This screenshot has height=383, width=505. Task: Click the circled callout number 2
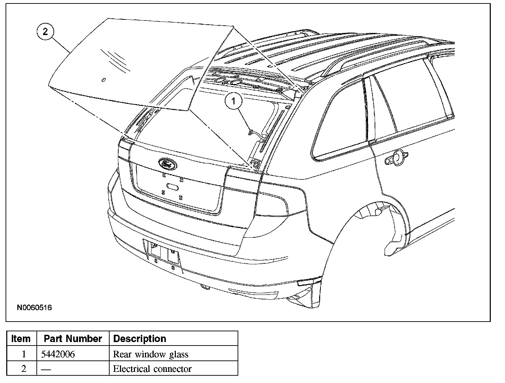point(45,32)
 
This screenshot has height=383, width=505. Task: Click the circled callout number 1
point(233,101)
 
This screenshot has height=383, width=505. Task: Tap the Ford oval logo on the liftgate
point(168,163)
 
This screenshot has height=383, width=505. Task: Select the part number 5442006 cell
point(58,354)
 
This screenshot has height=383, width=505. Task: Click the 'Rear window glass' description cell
point(151,354)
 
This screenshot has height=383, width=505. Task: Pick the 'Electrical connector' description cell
point(152,368)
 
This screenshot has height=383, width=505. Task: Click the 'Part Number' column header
point(73,339)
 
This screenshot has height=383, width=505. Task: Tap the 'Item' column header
point(21,339)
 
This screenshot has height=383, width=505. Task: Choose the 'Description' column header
point(139,339)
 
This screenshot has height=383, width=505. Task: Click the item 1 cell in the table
point(24,354)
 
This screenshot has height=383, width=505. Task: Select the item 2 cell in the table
point(24,368)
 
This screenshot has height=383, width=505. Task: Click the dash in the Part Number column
point(46,369)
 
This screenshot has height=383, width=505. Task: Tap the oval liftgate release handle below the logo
point(172,186)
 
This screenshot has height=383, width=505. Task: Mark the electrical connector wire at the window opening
point(255,134)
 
